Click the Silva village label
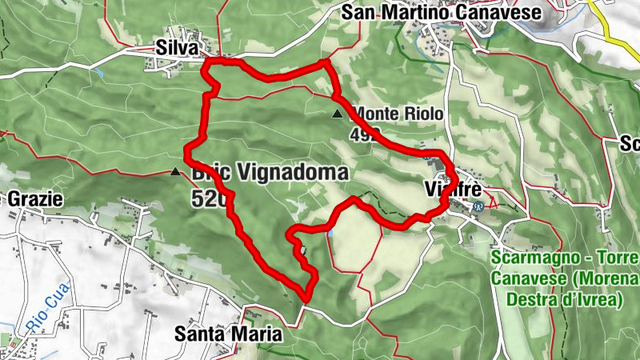click(x=178, y=48)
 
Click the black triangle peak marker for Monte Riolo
click(x=337, y=114)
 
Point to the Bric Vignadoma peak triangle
click(x=175, y=170)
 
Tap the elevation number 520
click(x=205, y=198)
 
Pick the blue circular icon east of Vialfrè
click(x=478, y=205)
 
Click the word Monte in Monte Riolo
click(x=374, y=114)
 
